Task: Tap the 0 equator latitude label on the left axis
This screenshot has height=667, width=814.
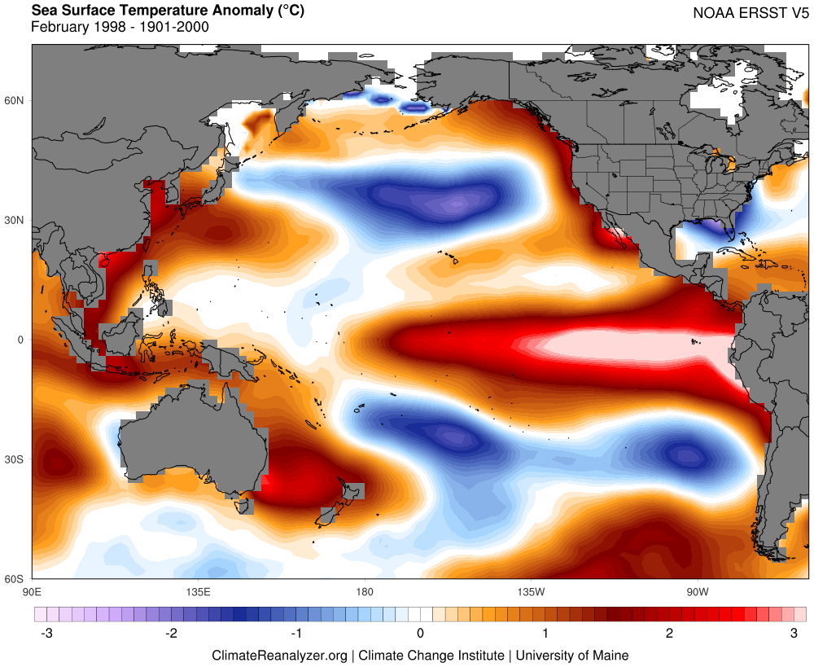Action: coord(22,340)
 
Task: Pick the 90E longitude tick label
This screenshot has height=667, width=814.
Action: coord(32,590)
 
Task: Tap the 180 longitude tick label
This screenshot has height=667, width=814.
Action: coord(364,590)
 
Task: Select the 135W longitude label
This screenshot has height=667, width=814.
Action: coord(530,590)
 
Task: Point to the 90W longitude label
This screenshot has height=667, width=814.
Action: coord(697,590)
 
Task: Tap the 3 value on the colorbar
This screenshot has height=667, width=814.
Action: coord(794,633)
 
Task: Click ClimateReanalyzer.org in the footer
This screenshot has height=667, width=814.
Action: coord(279,655)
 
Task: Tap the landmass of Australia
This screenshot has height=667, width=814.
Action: coord(195,444)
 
